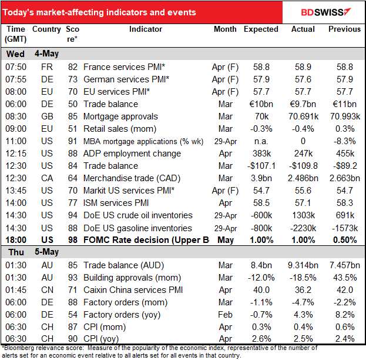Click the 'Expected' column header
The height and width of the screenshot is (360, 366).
[x=261, y=29]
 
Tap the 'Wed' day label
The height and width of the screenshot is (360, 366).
[x=15, y=54]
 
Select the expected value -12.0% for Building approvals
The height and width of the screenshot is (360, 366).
[x=261, y=276]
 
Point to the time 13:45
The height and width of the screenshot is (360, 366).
[x=15, y=191]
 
